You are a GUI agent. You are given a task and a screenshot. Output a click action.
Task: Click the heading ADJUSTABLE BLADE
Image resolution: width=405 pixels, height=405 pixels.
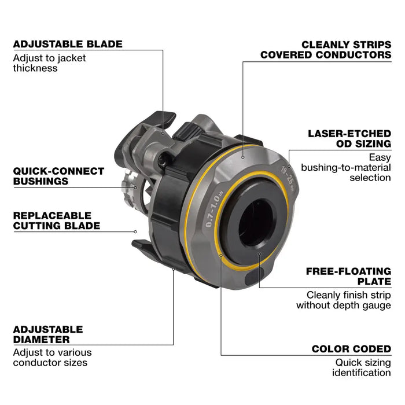(x=68, y=44)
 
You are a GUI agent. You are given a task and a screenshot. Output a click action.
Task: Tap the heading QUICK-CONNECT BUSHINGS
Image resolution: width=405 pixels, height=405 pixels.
(x=58, y=176)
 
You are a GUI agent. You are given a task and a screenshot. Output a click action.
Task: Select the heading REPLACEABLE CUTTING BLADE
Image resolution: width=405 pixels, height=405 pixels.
(x=57, y=220)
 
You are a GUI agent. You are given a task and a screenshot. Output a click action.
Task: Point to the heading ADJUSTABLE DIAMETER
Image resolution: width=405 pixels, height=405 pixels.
(x=47, y=334)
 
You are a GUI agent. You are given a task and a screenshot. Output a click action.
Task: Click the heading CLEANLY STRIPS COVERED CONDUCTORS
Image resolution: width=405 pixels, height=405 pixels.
(x=326, y=49)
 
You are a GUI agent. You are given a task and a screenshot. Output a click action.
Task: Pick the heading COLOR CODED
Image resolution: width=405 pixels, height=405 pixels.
(x=351, y=349)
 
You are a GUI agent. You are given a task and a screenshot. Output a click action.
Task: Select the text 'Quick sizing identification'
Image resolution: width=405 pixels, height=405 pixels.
(x=362, y=367)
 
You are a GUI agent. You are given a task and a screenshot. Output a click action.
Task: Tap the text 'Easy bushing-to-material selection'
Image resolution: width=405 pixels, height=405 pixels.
(x=370, y=167)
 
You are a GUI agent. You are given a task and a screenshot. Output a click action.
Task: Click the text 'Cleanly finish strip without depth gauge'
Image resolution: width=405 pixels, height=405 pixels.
(x=344, y=300)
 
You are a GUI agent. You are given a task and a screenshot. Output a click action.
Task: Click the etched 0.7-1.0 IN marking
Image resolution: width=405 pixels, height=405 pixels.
(x=216, y=211)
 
